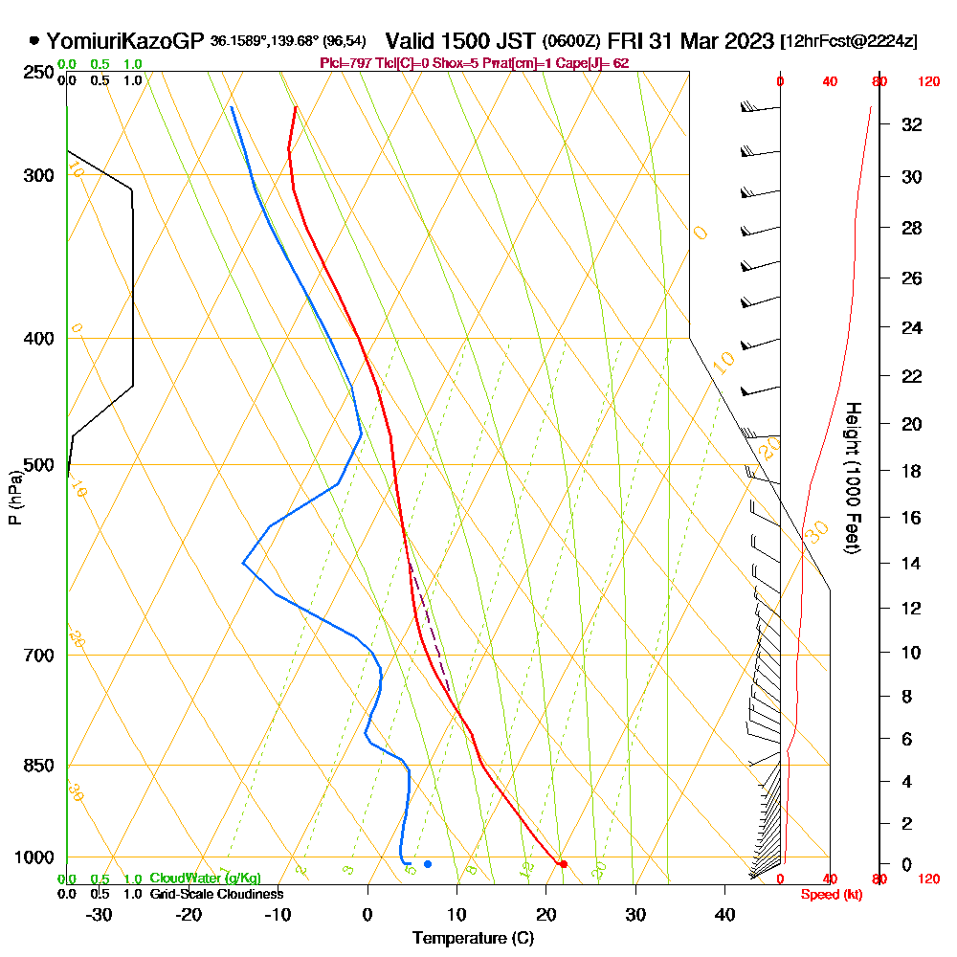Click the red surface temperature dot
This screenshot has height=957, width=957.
[x=563, y=864]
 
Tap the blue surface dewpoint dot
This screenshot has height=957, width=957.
[x=428, y=864]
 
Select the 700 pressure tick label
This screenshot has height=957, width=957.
[x=39, y=656]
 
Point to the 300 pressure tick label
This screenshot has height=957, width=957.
[x=39, y=175]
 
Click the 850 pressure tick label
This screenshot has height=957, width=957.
[x=39, y=766]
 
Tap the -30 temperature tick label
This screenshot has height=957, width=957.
[x=100, y=914]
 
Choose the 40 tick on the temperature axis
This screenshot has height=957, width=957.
[x=724, y=914]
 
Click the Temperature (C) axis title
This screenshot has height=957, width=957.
[x=473, y=938]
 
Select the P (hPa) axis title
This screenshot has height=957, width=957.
[x=15, y=497]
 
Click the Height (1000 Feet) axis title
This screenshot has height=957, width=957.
[x=851, y=478]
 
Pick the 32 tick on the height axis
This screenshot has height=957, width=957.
[x=913, y=124]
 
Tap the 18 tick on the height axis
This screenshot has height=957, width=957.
[x=913, y=471]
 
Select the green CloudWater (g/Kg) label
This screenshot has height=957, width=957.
[x=205, y=879]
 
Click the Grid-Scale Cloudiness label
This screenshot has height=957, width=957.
[x=216, y=894]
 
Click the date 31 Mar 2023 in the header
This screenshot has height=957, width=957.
[x=713, y=41]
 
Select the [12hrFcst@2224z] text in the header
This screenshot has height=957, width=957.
[x=849, y=42]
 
